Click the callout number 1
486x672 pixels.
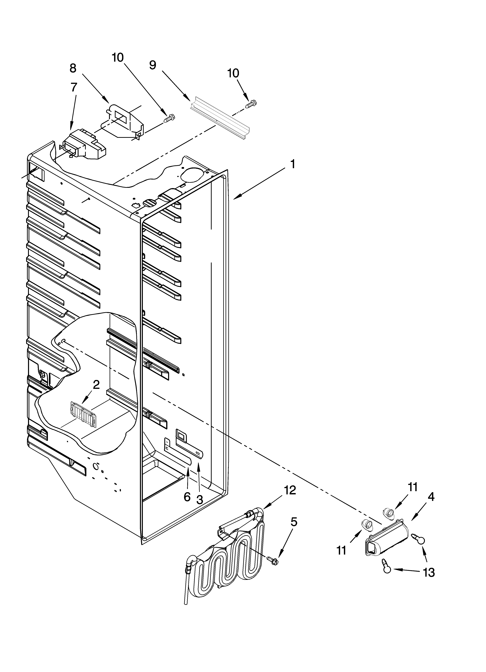point(292,164)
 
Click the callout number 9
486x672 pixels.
point(152,65)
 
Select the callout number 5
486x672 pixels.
point(293,522)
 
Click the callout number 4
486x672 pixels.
point(431,497)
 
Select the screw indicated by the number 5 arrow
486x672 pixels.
point(272,559)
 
